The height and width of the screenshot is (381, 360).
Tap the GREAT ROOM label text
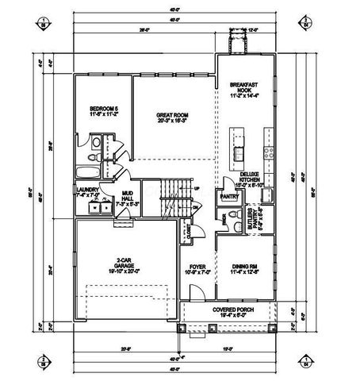pos(172,118)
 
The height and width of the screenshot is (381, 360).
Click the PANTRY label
pos(230,195)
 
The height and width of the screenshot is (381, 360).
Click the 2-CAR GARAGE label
pos(121,266)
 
